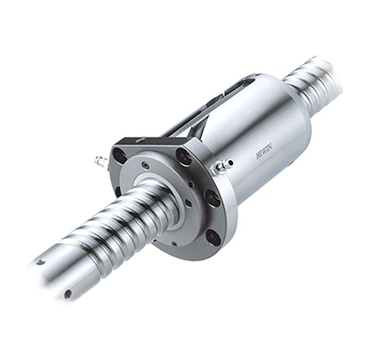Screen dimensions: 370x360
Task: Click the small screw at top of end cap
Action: [146, 165]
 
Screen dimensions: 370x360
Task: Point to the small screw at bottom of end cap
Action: [174, 244]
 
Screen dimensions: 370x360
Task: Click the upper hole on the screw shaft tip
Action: [41, 261]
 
